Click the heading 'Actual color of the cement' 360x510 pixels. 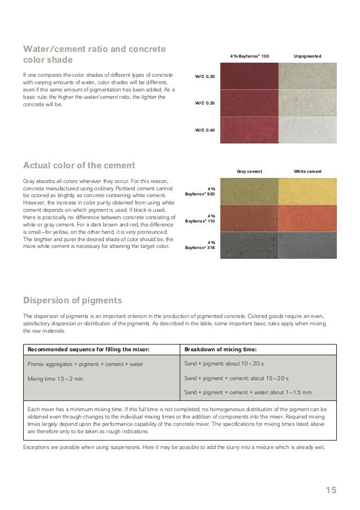click(79, 165)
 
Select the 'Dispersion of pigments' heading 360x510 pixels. click(72, 299)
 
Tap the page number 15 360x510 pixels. click(331, 490)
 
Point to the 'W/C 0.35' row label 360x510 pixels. click(204, 103)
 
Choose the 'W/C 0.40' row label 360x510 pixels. click(204, 130)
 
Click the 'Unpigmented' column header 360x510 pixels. click(308, 56)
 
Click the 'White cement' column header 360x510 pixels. click(308, 171)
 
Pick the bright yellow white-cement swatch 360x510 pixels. click(308, 191)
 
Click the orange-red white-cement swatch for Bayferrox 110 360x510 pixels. click(308, 218)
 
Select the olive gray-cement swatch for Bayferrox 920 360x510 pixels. click(249, 191)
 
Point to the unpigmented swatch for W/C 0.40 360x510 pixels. click(308, 130)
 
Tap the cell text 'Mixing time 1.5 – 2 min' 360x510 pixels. click(55, 378)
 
